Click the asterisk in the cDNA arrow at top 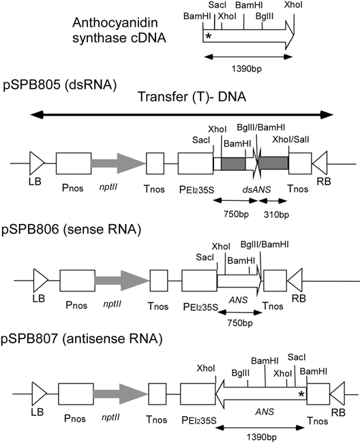point(208,35)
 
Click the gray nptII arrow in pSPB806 point(121,281)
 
